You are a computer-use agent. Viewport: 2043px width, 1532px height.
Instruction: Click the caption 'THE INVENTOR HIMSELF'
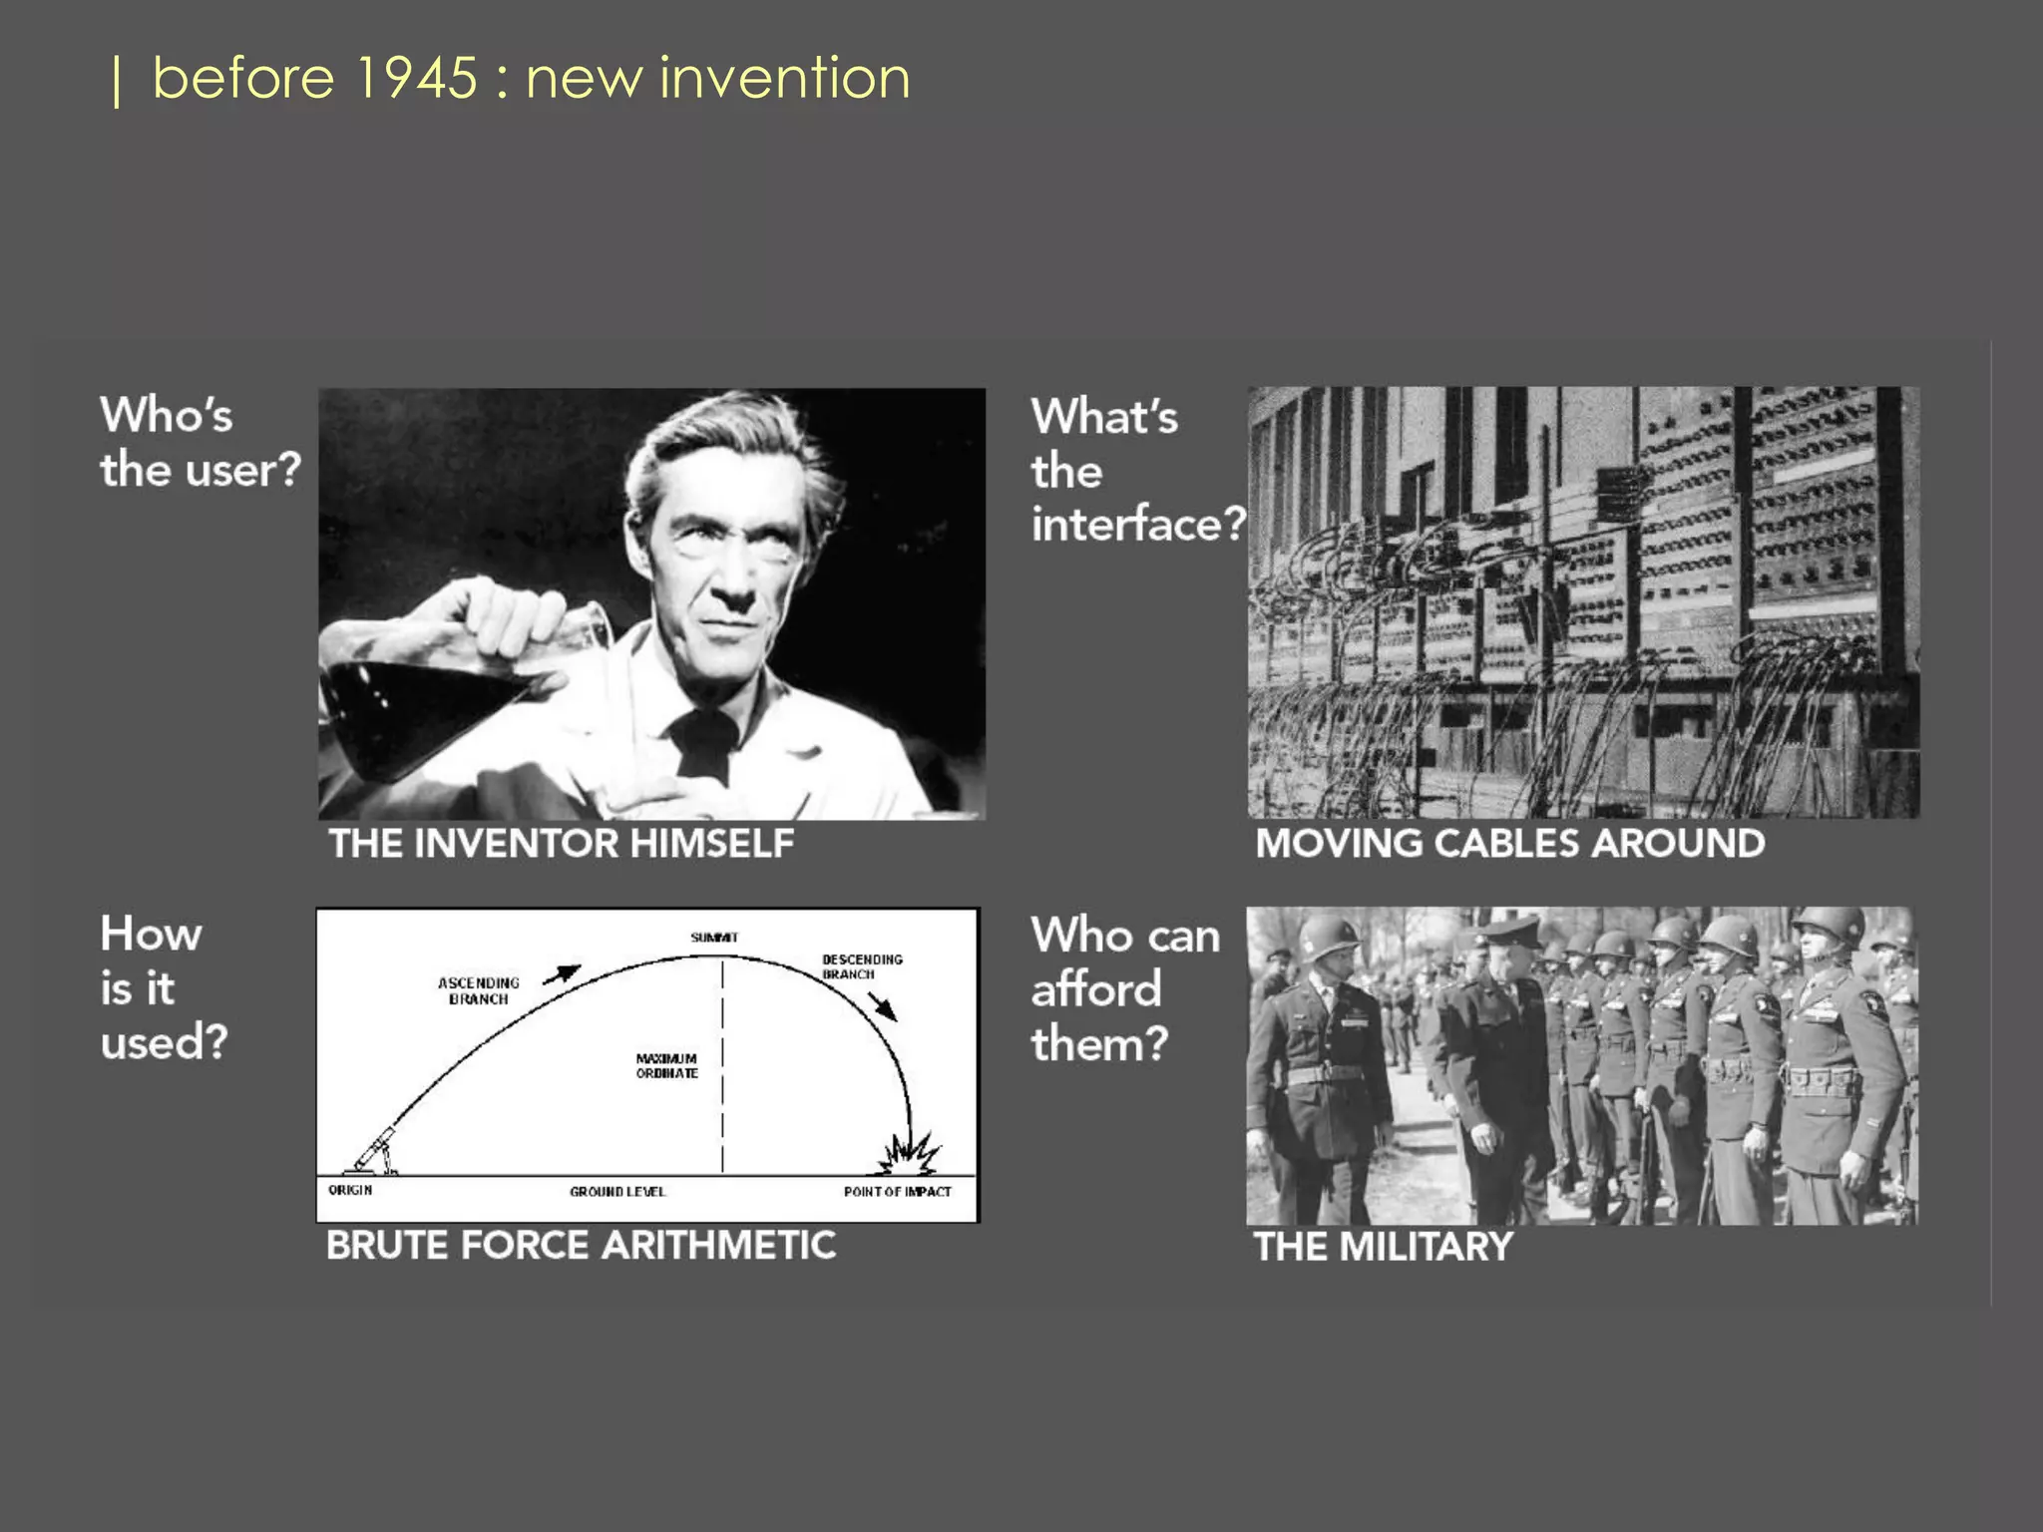click(562, 844)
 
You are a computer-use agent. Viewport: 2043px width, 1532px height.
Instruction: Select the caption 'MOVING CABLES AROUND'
click(1509, 844)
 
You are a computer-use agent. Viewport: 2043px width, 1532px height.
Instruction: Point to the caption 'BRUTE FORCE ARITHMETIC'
click(581, 1246)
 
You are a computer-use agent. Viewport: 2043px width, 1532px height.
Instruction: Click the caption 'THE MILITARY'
click(1384, 1247)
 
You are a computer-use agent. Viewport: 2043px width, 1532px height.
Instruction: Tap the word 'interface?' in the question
click(1138, 525)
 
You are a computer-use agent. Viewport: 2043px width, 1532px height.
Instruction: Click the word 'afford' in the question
click(1096, 990)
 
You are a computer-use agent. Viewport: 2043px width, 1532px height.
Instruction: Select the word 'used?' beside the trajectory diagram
click(165, 1042)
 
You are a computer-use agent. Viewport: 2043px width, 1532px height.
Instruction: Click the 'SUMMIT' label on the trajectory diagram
click(714, 938)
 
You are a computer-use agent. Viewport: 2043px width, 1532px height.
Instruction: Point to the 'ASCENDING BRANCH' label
click(479, 990)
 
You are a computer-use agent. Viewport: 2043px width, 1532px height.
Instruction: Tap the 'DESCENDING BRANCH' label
click(862, 966)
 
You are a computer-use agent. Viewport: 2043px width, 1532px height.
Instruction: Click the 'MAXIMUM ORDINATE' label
click(667, 1065)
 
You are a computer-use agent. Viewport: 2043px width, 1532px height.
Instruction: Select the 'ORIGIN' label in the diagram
click(350, 1190)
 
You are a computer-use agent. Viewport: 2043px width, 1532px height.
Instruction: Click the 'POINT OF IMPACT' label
click(897, 1191)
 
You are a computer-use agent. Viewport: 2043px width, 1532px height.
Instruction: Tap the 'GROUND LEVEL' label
click(617, 1191)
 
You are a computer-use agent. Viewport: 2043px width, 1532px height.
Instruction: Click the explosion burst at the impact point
click(909, 1155)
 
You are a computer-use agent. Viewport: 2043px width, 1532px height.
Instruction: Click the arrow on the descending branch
click(883, 1006)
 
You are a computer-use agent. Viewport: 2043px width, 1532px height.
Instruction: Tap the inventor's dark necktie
click(704, 744)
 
